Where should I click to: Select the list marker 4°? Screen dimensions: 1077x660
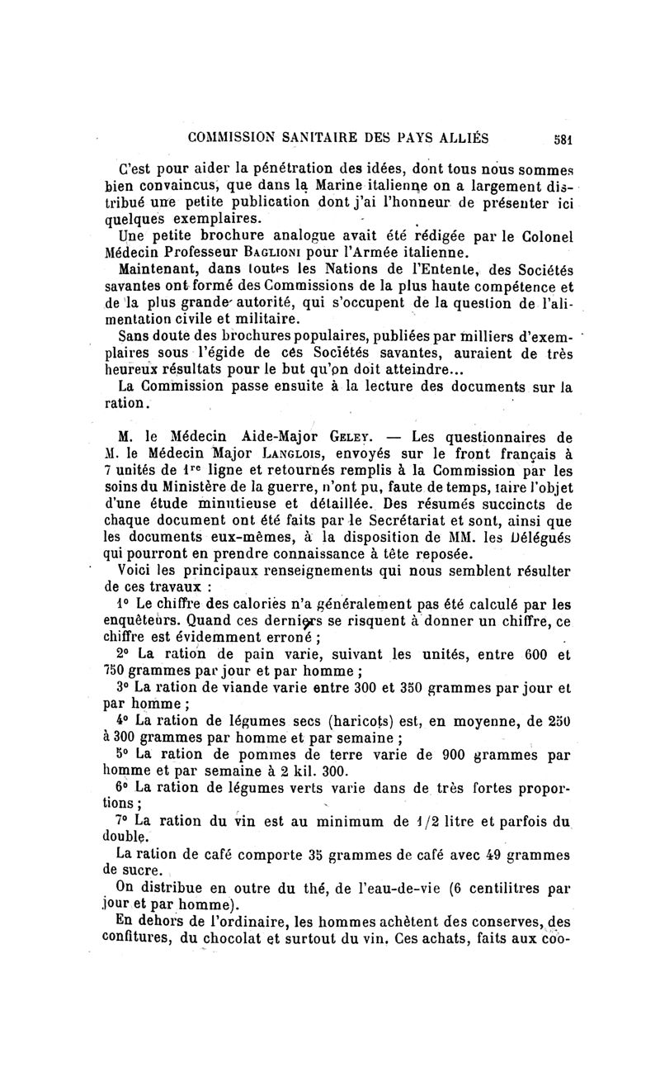coord(125,719)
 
